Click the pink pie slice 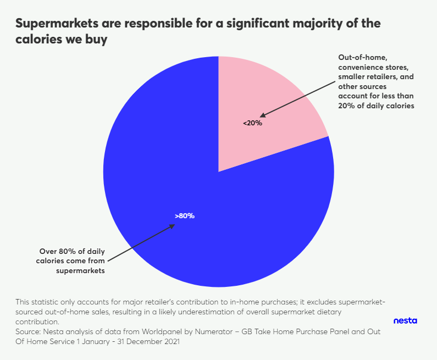pos(275,99)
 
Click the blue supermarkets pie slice pos(181,181)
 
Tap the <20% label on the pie pos(253,123)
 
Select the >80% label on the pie pos(185,216)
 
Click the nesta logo pos(406,320)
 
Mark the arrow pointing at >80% pos(140,242)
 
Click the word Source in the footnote pos(29,332)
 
